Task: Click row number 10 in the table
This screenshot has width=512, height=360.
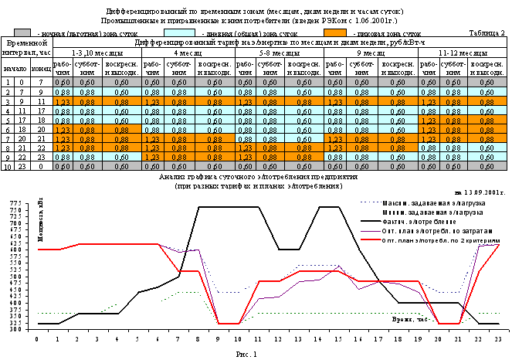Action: pos(7,166)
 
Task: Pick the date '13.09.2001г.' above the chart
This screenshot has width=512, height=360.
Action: pos(483,191)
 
